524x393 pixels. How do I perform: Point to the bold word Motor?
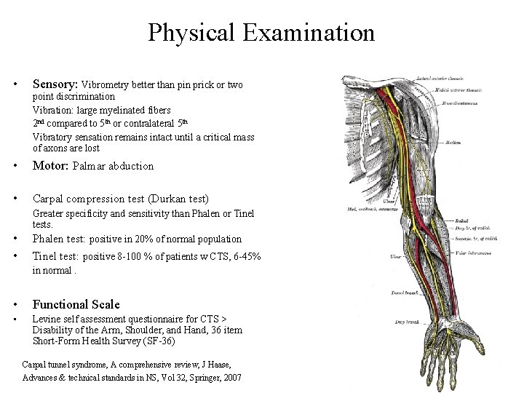click(x=49, y=165)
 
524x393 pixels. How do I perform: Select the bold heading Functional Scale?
click(x=76, y=304)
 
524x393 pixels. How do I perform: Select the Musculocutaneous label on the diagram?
click(x=474, y=104)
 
